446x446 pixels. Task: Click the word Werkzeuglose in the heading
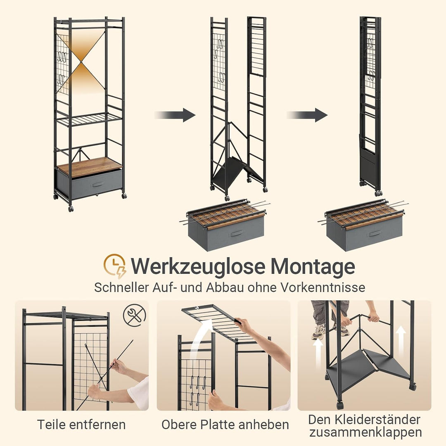pos(198,266)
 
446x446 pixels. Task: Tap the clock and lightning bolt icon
pos(115,266)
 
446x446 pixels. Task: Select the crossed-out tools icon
pos(135,315)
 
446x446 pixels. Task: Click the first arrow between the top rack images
pos(175,115)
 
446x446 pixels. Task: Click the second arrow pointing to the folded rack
pos(307,115)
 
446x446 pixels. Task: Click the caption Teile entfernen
pos(81,425)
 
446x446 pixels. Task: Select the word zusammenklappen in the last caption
pos(365,433)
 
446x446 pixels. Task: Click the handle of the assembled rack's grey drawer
pos(98,184)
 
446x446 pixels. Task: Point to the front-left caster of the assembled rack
pos(71,209)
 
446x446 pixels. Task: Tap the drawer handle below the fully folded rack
pos(375,233)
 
